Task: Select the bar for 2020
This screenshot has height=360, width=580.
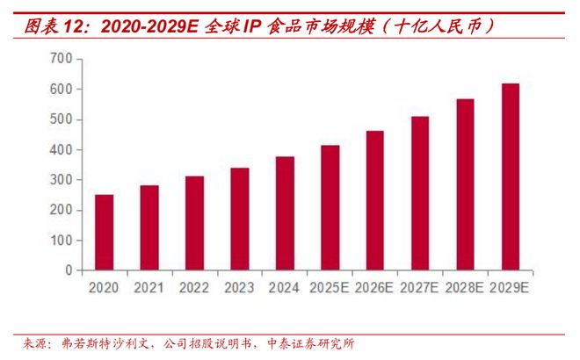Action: [104, 233]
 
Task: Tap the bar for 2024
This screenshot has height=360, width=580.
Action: [285, 213]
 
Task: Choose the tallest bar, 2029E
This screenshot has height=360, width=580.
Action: [510, 176]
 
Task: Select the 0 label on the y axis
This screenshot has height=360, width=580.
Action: [66, 271]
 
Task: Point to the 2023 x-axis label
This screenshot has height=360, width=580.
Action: [239, 287]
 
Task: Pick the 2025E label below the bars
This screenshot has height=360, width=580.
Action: [330, 287]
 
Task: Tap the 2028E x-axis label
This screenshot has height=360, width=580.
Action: [465, 287]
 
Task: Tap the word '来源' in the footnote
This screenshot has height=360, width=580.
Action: [33, 342]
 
